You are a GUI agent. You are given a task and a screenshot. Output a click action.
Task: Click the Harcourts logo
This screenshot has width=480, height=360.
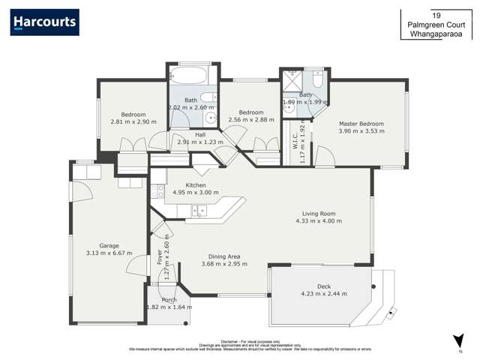pyautogui.click(x=44, y=22)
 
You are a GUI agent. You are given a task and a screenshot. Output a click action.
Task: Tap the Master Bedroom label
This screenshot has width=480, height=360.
pyautogui.click(x=361, y=124)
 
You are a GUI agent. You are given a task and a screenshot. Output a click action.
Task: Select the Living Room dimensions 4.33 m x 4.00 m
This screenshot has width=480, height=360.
pyautogui.click(x=318, y=221)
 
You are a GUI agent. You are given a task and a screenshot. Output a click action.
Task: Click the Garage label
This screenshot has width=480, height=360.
pyautogui.click(x=109, y=245)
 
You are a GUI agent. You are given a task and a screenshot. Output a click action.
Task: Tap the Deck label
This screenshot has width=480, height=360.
pyautogui.click(x=323, y=286)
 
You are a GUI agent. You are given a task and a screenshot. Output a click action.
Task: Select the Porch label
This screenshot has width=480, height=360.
pyautogui.click(x=169, y=300)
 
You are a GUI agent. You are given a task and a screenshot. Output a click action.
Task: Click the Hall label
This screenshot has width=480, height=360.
pyautogui.click(x=200, y=135)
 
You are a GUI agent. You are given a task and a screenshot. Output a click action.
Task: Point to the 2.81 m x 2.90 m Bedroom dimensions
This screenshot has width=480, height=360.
pyautogui.click(x=133, y=121)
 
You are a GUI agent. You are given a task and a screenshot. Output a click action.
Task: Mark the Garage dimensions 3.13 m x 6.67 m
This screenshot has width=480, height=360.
pyautogui.click(x=109, y=253)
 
